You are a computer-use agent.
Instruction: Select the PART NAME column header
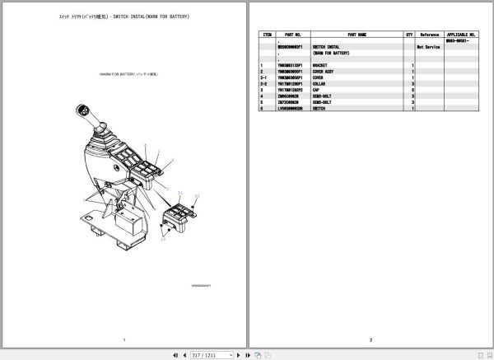[x=357, y=35]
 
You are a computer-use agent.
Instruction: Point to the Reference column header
[x=430, y=35]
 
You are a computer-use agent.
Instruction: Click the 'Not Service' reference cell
[x=430, y=47]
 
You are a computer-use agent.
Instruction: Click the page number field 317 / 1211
[x=206, y=354]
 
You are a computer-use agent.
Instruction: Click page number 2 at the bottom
[x=371, y=339]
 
